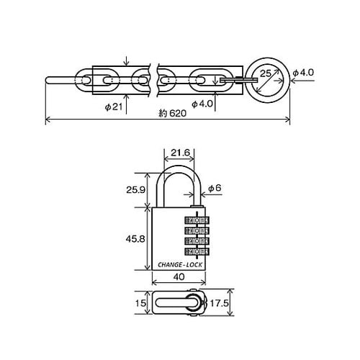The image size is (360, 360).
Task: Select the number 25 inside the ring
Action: (x=264, y=73)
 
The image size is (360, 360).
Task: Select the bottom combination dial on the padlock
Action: (x=197, y=252)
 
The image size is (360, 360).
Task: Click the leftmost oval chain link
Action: (x=105, y=79)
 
